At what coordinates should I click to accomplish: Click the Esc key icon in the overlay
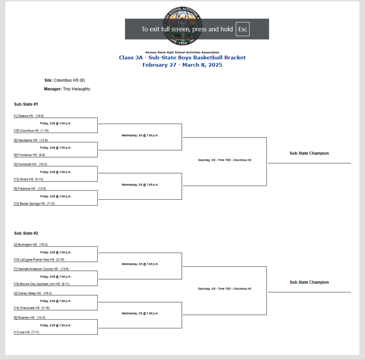[242, 29]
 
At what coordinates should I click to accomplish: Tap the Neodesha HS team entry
[30, 140]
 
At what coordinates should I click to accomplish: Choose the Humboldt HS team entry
[30, 164]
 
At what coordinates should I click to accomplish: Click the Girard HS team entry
[29, 179]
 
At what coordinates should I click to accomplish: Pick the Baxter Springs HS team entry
[34, 204]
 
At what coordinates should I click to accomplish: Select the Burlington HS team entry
[31, 245]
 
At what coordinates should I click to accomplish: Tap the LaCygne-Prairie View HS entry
[39, 260]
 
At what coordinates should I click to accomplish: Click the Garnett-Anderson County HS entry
[41, 269]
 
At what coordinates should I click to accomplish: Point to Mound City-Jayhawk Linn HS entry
[41, 284]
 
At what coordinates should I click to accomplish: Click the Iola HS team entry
[26, 333]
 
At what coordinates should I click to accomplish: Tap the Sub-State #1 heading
[26, 104]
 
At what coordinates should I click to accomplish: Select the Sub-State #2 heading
[26, 233]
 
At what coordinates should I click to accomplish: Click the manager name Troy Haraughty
[76, 89]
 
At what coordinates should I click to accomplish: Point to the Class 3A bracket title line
[182, 58]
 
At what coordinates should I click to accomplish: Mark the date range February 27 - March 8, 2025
[182, 65]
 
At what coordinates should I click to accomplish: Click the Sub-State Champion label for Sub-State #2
[309, 282]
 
